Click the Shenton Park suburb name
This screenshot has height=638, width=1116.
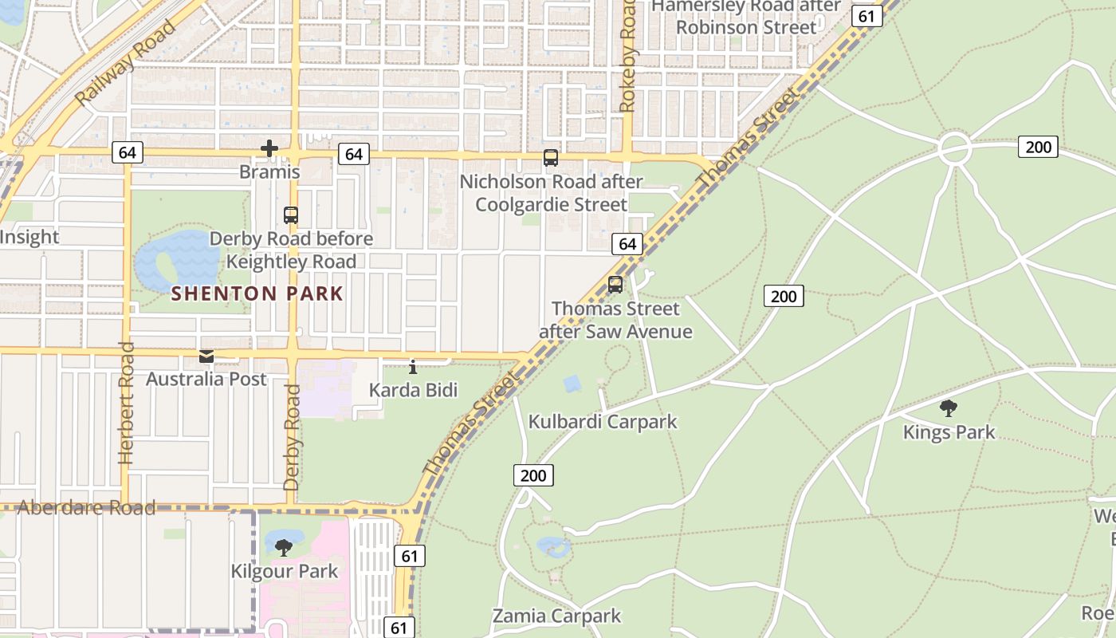(257, 293)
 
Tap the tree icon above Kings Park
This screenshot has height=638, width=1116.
(948, 409)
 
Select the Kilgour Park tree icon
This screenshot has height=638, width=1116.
(283, 548)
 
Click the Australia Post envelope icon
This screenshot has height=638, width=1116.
(206, 356)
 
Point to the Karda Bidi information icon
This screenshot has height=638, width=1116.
(413, 367)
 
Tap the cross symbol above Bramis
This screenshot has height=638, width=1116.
(269, 148)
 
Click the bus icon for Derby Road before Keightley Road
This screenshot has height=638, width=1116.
(291, 215)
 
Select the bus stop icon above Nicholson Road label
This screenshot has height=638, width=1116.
(551, 158)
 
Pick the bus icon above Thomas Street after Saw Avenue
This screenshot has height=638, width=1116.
(615, 285)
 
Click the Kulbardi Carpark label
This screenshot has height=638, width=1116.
(603, 422)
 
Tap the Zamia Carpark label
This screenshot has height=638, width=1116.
(556, 616)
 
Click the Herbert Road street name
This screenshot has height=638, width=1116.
(126, 404)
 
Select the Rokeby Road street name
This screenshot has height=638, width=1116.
(627, 56)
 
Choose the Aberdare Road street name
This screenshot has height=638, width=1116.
(86, 508)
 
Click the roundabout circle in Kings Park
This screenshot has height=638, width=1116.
(954, 149)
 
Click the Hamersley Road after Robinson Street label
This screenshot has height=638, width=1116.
(746, 16)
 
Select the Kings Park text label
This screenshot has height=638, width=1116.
(949, 432)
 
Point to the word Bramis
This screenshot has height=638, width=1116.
(269, 172)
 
